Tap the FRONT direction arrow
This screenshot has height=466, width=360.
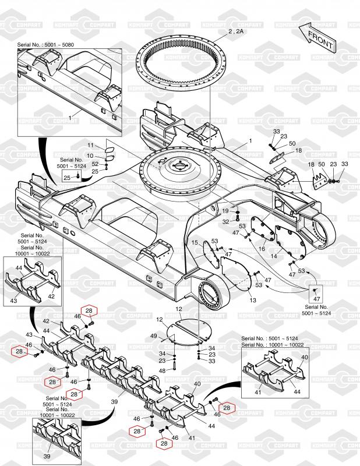[318, 39]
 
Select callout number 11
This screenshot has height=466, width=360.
[91, 144]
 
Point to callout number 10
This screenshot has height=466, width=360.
[91, 156]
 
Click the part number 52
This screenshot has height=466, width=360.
[95, 164]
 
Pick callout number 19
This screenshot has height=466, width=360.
[225, 210]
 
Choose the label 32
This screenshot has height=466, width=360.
[225, 221]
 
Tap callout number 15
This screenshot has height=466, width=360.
[196, 242]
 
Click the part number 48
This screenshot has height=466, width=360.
[162, 370]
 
